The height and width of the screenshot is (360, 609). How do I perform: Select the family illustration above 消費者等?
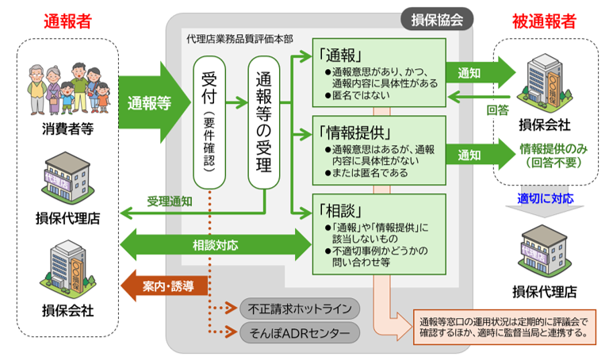click(x=67, y=86)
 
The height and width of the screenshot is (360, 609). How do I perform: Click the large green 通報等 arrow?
click(x=151, y=102)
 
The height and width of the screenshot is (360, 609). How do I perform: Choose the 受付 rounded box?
click(x=209, y=119)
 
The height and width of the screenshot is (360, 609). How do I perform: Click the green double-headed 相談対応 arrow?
click(x=214, y=245)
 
